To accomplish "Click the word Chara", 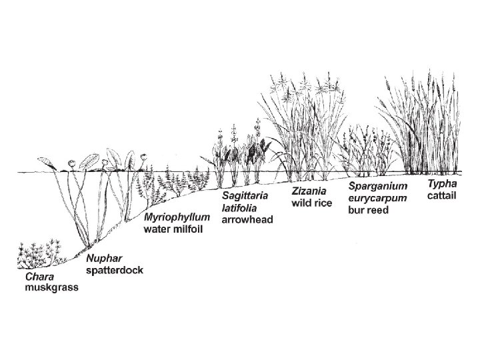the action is pos(40,277).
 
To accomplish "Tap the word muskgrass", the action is pos(51,288).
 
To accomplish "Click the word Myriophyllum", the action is pos(177,218).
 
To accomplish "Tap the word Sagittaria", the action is pos(245,196).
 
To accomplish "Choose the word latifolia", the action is pos(239,207).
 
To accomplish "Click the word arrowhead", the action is pos(247,219).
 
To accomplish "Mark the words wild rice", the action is pos(312,203).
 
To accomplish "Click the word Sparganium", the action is pos(378,186).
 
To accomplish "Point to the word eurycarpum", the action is pos(378,198).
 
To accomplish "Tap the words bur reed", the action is pos(368,210).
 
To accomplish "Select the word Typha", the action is pos(442,184).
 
